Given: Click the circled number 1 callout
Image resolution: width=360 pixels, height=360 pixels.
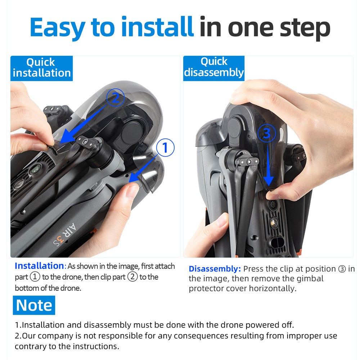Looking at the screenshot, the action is [165, 147].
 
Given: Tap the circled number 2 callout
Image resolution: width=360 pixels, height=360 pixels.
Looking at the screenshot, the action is [116, 98].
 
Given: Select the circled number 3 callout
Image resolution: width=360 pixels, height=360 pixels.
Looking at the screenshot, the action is [266, 133].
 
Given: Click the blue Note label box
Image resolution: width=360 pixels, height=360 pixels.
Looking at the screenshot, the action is [34, 305].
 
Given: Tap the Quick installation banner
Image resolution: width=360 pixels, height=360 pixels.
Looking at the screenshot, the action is [41, 68].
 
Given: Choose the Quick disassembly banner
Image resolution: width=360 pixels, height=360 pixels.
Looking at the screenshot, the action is [214, 68].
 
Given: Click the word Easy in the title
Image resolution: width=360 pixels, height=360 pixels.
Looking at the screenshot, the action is [57, 28].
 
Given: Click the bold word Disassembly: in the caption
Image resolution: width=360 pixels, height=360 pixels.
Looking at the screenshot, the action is [215, 269].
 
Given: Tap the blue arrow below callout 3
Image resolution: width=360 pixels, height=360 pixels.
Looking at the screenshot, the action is [268, 165].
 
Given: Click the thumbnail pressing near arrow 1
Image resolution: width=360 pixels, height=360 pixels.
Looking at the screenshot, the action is [132, 190].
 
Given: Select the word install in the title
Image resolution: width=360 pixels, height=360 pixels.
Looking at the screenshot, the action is [158, 26].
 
